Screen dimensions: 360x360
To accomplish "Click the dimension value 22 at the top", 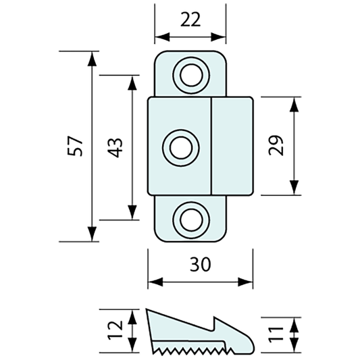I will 190,20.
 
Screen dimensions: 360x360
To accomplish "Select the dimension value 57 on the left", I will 77,146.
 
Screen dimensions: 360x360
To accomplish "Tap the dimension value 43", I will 115,147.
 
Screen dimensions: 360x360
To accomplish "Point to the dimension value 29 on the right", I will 276,146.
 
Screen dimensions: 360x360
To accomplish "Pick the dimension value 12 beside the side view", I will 116,331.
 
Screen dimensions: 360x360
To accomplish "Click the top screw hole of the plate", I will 190,73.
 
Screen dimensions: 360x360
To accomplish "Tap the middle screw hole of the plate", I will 181,147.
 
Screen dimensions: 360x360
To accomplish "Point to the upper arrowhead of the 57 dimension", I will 91,57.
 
